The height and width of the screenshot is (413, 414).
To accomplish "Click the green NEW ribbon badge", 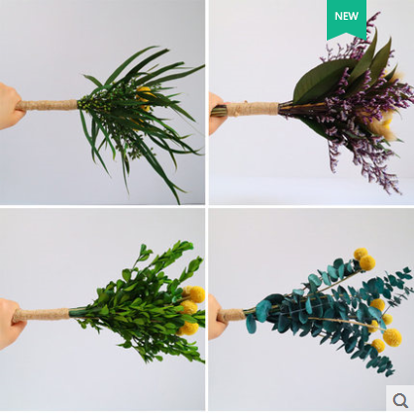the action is (x=347, y=18).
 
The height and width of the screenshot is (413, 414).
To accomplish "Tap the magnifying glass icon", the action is (x=400, y=400).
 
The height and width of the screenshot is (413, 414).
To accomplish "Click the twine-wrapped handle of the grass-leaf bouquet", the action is (x=48, y=105).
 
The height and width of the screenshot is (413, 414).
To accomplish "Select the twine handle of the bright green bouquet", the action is (x=42, y=315).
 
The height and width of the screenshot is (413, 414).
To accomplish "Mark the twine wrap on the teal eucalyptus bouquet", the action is (x=231, y=315).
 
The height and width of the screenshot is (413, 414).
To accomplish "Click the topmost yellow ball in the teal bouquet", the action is (x=361, y=254).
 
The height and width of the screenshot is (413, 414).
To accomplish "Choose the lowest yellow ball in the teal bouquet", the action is (x=378, y=346).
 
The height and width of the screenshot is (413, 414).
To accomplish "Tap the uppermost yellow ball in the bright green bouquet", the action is (x=195, y=294).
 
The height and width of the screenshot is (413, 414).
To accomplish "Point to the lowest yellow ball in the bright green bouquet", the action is (x=189, y=328).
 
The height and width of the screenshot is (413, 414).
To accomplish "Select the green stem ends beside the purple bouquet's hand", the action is (x=219, y=110).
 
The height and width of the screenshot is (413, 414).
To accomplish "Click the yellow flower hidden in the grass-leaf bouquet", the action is (x=145, y=97).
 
